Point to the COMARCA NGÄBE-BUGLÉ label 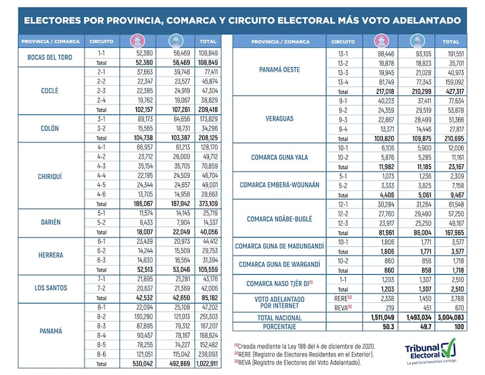(x=280, y=219)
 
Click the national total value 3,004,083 (x=451, y=317)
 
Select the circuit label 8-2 (x=101, y=317)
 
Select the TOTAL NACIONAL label (x=280, y=317)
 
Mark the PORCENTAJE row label (x=280, y=326)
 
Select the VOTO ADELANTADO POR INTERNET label (x=280, y=302)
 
